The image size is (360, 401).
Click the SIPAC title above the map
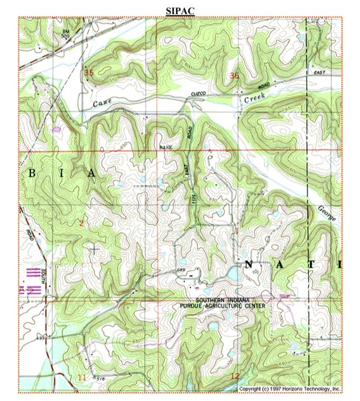(179, 10)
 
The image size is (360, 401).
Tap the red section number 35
(89, 72)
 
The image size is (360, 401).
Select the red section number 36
(235, 75)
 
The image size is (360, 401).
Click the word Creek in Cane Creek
(255, 97)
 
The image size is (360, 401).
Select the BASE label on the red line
(166, 148)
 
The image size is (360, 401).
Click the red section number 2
(81, 223)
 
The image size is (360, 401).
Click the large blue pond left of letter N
(233, 274)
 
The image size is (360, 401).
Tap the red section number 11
(82, 377)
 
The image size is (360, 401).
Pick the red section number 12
(236, 376)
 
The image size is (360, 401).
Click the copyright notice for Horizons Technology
(290, 389)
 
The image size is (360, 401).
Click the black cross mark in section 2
(95, 250)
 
